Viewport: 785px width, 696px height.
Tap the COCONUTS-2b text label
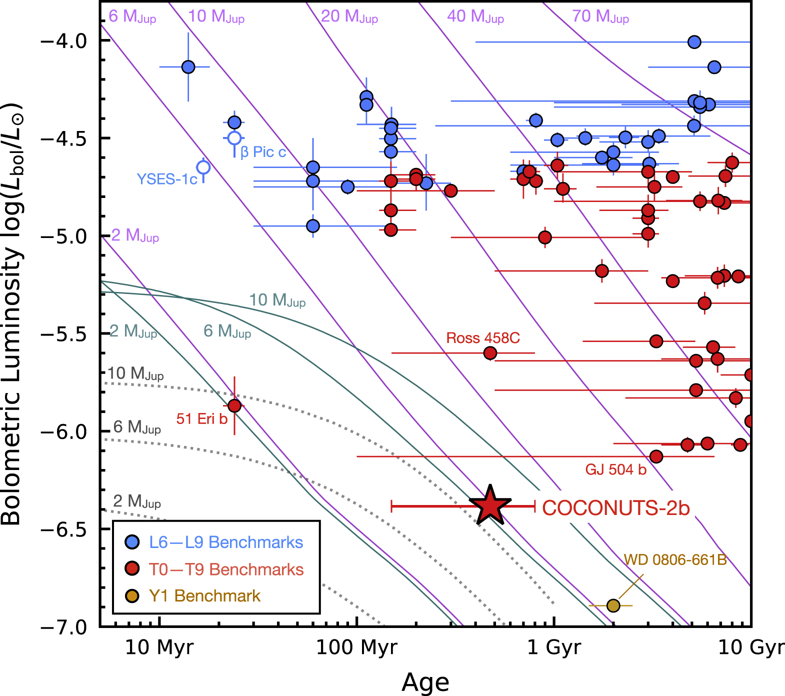[616, 508]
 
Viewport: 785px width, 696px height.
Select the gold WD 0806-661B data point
[613, 605]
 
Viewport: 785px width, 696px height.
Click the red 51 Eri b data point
[234, 405]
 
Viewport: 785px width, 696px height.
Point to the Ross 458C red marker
[490, 353]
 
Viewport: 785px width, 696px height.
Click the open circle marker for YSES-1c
[203, 167]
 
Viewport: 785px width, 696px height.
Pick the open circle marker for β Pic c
[234, 138]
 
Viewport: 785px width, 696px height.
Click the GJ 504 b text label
[615, 469]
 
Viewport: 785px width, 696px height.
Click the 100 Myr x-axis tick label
[356, 647]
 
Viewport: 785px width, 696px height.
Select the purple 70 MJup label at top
[600, 16]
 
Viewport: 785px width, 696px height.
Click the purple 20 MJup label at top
[349, 16]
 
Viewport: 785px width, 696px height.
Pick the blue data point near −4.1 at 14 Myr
[188, 66]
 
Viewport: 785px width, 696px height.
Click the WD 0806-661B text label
[675, 559]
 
